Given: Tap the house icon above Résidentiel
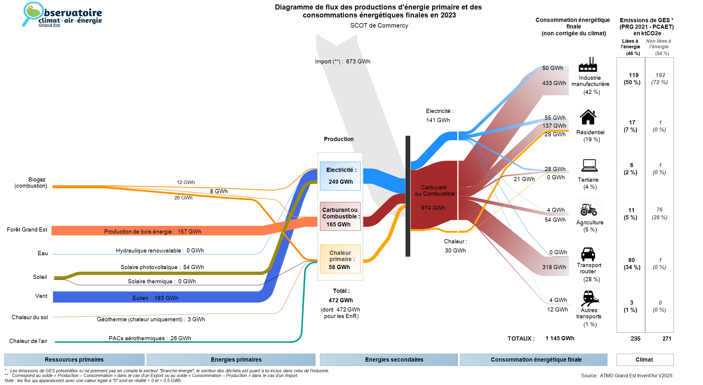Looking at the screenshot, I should point(588,117).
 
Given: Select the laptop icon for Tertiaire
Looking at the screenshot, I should point(589,165).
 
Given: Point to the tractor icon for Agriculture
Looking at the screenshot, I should point(589,210).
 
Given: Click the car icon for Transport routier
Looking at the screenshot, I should point(588,254).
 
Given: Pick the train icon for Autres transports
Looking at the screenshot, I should point(589,298).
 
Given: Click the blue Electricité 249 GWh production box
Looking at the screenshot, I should point(340,176).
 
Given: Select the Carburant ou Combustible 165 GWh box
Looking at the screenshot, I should point(340,217).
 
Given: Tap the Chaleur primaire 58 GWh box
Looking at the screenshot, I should point(340,259).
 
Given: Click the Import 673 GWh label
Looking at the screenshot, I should point(343,62).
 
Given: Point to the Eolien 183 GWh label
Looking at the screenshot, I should point(155,298).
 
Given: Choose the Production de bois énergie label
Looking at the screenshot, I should point(152,231).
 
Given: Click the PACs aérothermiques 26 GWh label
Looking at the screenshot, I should point(150,338).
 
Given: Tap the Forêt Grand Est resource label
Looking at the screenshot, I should point(27,230).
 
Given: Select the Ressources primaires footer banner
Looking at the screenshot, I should point(74,360).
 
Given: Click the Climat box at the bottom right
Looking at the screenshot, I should point(644,360).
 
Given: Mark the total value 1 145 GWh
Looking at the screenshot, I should point(560,338).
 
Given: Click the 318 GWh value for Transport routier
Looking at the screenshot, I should point(554,267).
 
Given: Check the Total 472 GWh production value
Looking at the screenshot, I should point(341,300).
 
